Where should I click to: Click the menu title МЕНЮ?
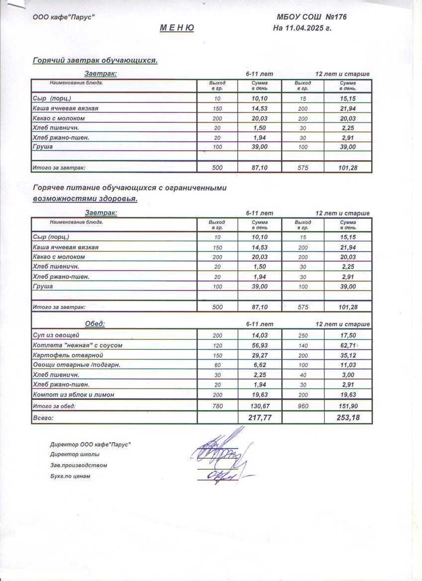177,28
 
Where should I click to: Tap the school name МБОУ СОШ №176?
312,17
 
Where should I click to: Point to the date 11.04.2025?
303,28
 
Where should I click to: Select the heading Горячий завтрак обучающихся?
95,61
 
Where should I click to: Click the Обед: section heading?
95,324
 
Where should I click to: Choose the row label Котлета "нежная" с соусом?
77,345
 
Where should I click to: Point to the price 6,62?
260,365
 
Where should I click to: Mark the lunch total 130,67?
260,406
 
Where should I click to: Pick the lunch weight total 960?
303,406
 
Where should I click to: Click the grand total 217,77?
260,418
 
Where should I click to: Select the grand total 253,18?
348,418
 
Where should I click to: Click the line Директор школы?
75,455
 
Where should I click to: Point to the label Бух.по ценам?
70,477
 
